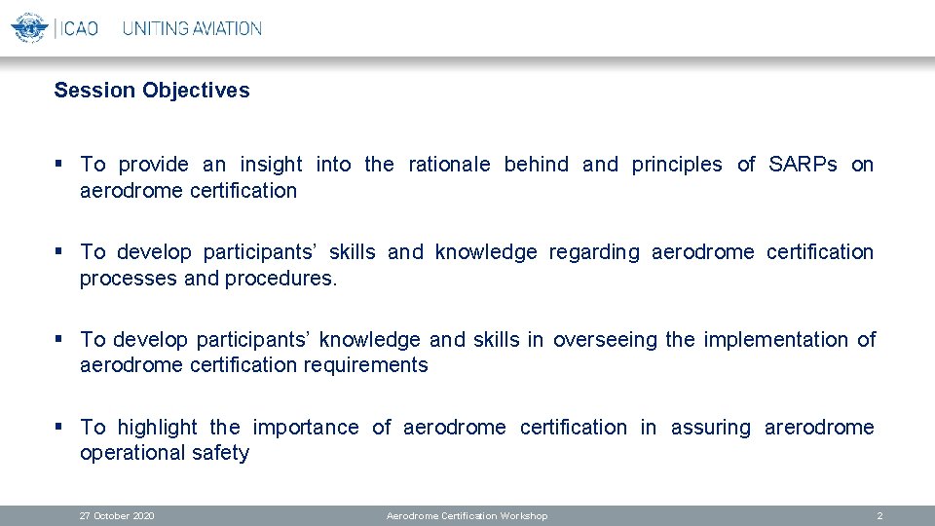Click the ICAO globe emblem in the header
pyautogui.click(x=29, y=27)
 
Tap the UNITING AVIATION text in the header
pyautogui.click(x=192, y=28)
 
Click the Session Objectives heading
pyautogui.click(x=152, y=91)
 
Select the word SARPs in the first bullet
pyautogui.click(x=803, y=165)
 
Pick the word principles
pyautogui.click(x=677, y=165)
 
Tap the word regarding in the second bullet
pyautogui.click(x=594, y=252)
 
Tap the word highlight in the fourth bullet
pyautogui.click(x=157, y=428)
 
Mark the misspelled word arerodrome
pyautogui.click(x=819, y=428)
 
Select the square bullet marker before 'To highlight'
pyautogui.click(x=60, y=427)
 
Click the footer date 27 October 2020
pyautogui.click(x=117, y=515)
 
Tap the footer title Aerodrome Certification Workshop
pyautogui.click(x=467, y=515)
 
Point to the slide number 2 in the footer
pyautogui.click(x=879, y=515)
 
